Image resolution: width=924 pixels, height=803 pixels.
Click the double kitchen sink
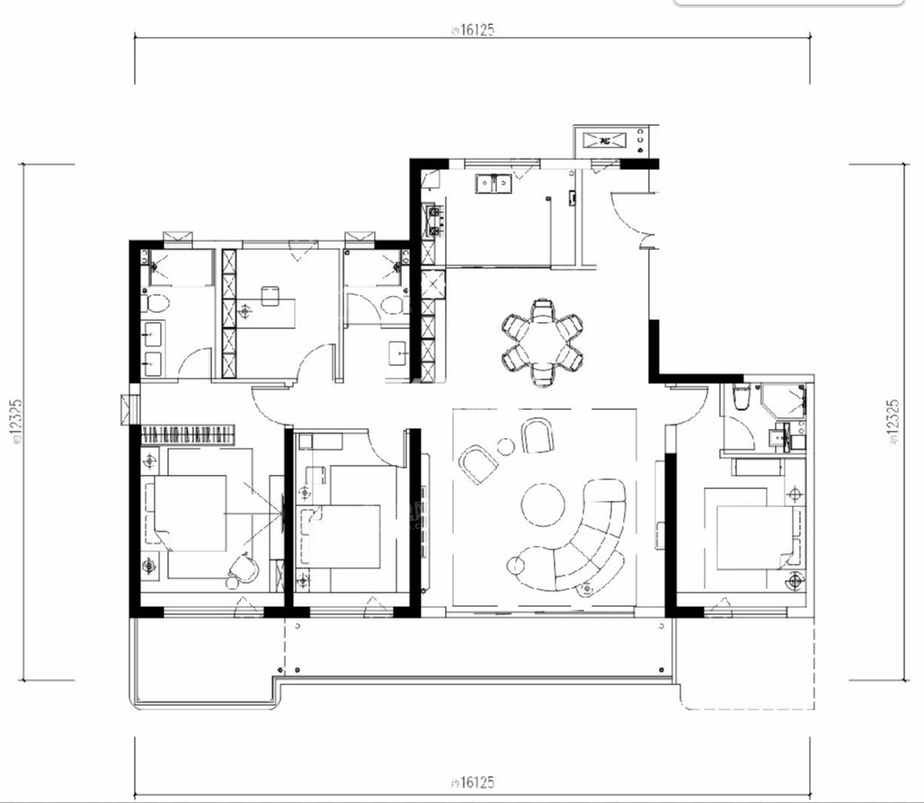pos(493,183)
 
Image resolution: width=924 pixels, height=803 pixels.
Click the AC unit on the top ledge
pos(606,139)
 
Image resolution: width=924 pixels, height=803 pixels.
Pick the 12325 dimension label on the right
pos(893,424)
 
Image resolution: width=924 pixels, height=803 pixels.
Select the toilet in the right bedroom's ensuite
pos(740,397)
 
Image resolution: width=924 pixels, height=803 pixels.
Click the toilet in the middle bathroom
pos(393,305)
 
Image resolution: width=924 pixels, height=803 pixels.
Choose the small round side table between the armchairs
pos(506,445)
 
